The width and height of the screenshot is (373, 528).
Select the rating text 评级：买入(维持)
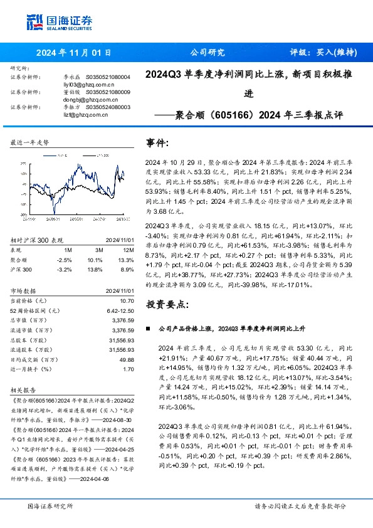321,53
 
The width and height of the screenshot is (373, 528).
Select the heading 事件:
157,143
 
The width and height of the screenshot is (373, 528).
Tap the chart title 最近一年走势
29,143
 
